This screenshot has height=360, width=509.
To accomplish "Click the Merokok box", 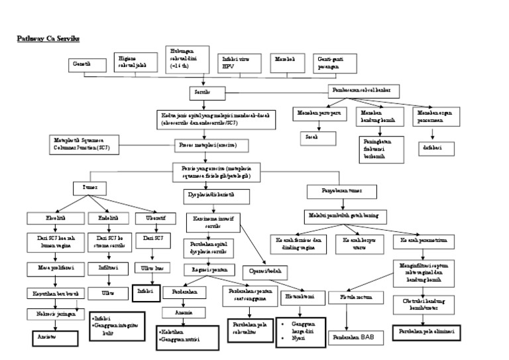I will click(289, 62).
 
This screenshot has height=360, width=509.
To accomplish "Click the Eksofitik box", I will click(54, 217).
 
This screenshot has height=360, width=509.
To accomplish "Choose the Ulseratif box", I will click(150, 217).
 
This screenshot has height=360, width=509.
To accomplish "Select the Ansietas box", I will click(56, 337).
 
